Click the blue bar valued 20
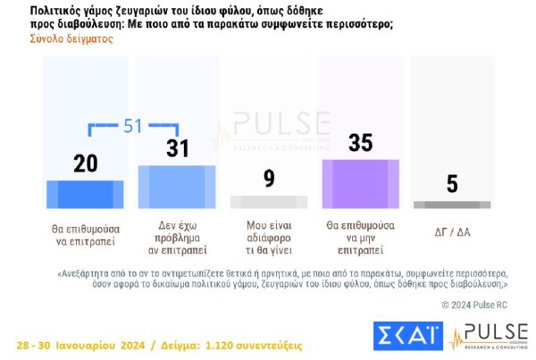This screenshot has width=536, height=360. (85, 194)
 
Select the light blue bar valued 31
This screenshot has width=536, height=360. (176, 186)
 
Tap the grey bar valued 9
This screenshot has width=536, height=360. (268, 202)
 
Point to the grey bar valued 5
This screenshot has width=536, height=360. (452, 205)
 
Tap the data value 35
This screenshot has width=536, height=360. (360, 142)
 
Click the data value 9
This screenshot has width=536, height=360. (268, 179)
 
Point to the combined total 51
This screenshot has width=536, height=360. (133, 126)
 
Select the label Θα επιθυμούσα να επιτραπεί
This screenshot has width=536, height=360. (85, 235)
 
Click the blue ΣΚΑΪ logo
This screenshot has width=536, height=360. (408, 338)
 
